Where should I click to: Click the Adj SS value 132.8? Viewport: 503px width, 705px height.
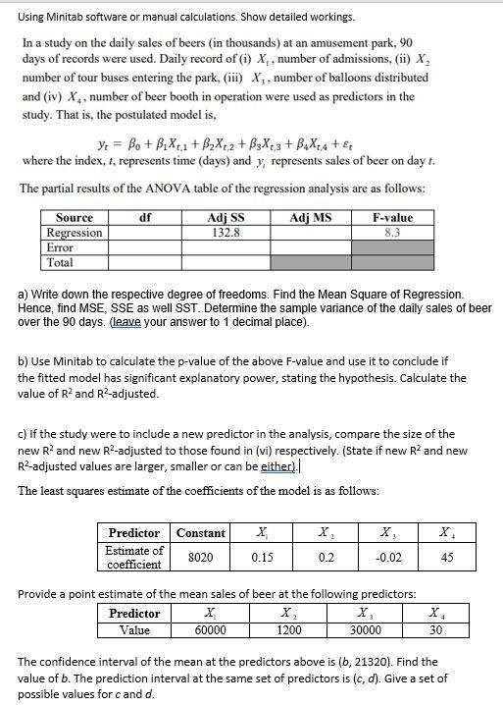226,233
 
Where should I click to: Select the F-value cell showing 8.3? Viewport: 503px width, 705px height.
391,233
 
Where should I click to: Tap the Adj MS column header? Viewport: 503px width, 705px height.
309,217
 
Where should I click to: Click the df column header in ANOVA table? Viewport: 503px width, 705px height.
145,217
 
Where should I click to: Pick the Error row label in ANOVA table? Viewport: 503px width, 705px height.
61,247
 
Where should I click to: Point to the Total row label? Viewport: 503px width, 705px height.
61,262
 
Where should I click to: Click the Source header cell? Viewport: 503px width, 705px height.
75,217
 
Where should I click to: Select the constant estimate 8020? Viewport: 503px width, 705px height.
200,557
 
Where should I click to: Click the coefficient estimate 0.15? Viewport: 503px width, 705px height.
262,557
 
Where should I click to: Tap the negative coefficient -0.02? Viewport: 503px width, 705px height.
388,557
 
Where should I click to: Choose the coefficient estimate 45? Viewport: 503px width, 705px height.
446,557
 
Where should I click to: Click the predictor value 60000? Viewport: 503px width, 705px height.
208,630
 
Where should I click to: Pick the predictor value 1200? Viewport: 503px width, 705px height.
288,630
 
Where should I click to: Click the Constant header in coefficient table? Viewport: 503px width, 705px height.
200,533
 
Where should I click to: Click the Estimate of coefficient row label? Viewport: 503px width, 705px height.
135,557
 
